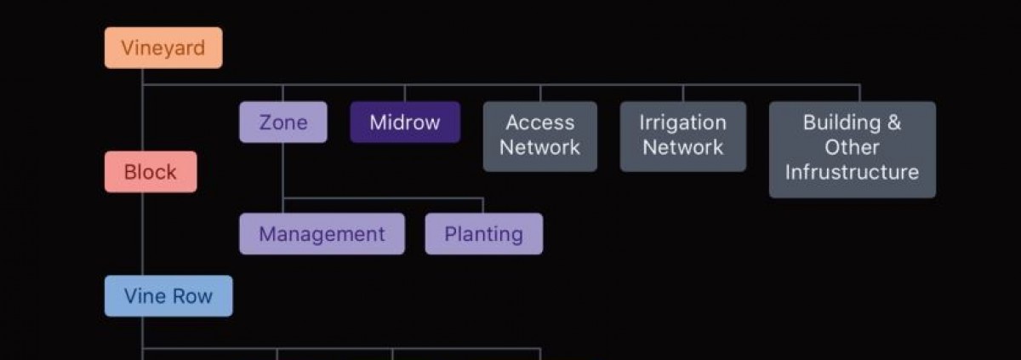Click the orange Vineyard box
click(x=163, y=48)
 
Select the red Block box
click(x=151, y=172)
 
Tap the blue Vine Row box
click(x=168, y=296)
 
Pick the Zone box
click(x=282, y=123)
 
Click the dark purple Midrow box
click(x=405, y=123)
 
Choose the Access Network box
click(x=539, y=136)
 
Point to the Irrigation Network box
click(x=682, y=136)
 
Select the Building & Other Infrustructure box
click(x=852, y=149)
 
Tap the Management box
click(x=322, y=234)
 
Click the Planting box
click(x=483, y=234)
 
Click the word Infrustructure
click(x=852, y=173)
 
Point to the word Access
click(x=539, y=123)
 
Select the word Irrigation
click(x=682, y=123)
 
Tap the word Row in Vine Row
click(x=191, y=296)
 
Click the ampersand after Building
click(x=893, y=123)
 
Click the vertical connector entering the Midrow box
click(x=405, y=94)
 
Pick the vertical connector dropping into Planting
click(x=483, y=206)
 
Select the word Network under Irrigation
click(x=682, y=148)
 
